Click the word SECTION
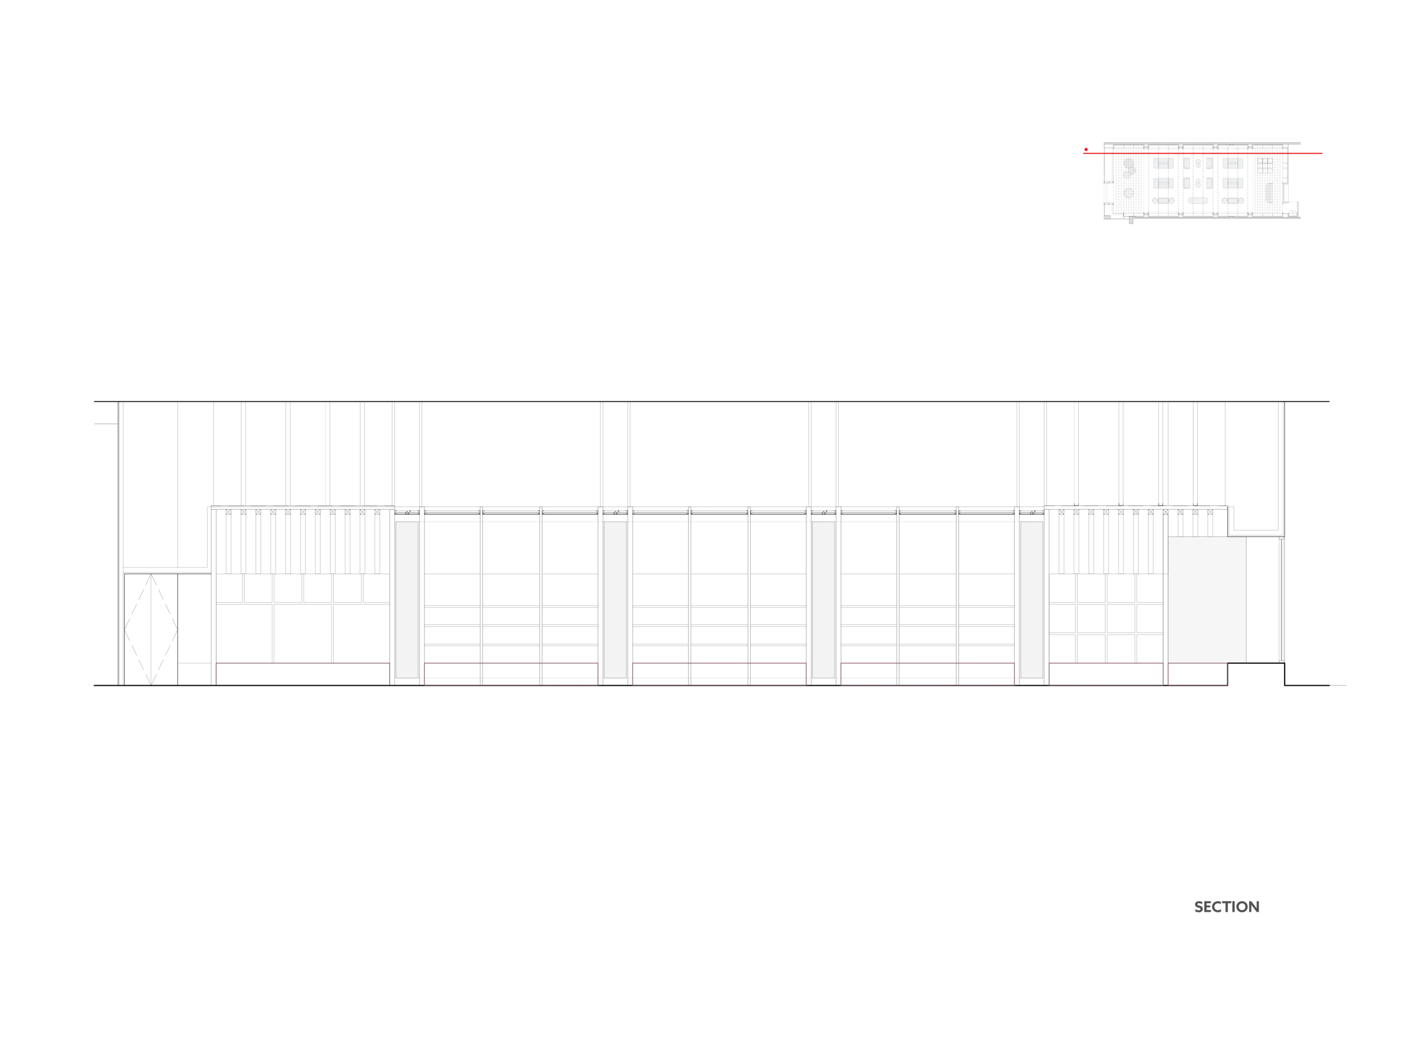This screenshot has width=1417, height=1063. (x=1227, y=907)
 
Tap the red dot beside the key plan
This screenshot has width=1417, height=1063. (x=1086, y=149)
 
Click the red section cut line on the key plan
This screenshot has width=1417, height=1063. (x=1202, y=153)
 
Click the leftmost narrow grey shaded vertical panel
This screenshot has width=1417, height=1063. (x=407, y=599)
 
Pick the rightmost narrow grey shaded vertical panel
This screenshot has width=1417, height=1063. (x=1031, y=599)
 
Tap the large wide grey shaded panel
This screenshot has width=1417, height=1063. (x=1207, y=600)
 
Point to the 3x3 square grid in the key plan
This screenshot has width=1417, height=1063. (x=1265, y=166)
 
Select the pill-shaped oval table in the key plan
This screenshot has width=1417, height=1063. (x=1197, y=200)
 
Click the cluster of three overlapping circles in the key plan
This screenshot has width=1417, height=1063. (x=1129, y=168)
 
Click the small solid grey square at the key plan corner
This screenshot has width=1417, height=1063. (x=1131, y=221)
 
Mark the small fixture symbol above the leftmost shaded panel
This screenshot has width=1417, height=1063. (x=407, y=513)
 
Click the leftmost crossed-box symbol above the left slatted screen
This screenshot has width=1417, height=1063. (x=229, y=512)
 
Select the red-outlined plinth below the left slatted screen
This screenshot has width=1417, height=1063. (x=302, y=674)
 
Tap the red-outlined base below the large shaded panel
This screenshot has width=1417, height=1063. (x=1197, y=674)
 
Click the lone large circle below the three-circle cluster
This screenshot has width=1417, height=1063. (x=1129, y=192)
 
